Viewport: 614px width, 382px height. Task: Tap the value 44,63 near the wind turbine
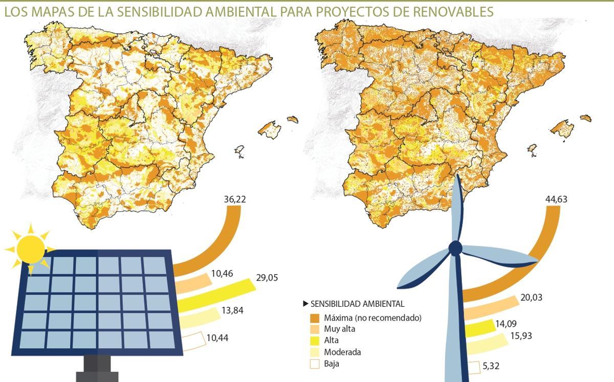pyautogui.click(x=556, y=199)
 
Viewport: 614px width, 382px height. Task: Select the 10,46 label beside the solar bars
pyautogui.click(x=221, y=274)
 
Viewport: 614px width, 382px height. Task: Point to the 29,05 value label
pyautogui.click(x=267, y=278)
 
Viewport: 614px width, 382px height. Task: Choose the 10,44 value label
pyautogui.click(x=218, y=338)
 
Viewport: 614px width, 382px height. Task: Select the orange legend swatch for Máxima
pyautogui.click(x=314, y=318)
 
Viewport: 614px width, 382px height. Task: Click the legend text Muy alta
pyautogui.click(x=339, y=329)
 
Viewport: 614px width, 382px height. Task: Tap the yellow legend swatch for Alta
pyautogui.click(x=314, y=340)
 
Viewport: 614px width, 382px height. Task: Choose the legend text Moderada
pyautogui.click(x=342, y=352)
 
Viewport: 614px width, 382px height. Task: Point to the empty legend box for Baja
pyautogui.click(x=314, y=364)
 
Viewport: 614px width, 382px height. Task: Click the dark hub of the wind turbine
pyautogui.click(x=455, y=249)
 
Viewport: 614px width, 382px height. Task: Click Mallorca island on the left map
pyautogui.click(x=270, y=128)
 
